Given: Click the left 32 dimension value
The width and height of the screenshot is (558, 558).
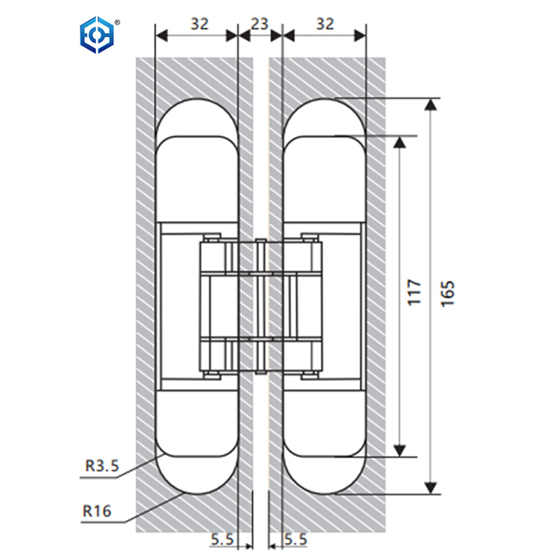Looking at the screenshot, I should click(x=199, y=23).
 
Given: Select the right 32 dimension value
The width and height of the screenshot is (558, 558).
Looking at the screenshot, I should click(x=325, y=23).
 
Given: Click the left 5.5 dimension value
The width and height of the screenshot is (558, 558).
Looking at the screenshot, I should click(x=221, y=538).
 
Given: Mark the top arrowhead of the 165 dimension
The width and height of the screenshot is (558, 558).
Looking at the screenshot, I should click(x=430, y=105).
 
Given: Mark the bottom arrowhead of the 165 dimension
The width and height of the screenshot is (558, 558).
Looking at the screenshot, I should click(x=430, y=487).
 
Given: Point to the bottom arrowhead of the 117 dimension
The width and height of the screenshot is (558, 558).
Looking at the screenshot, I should click(x=400, y=449).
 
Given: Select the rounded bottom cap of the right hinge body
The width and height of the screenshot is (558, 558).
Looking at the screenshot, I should click(x=324, y=475).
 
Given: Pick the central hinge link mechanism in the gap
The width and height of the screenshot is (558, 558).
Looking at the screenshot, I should click(x=260, y=305).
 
